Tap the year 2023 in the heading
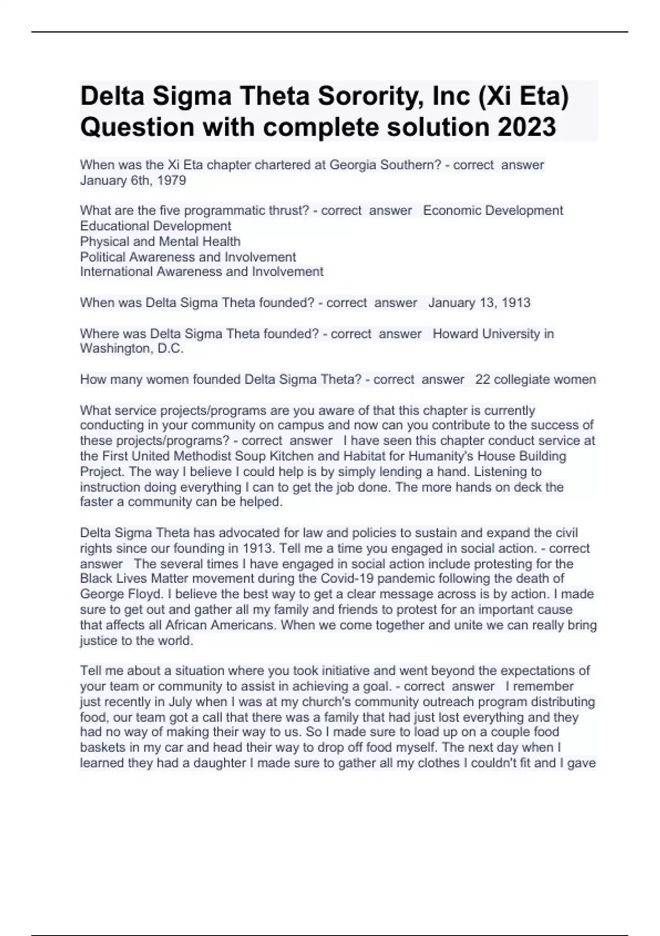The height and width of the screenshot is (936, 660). pyautogui.click(x=527, y=127)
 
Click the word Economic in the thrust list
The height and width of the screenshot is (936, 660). pyautogui.click(x=448, y=211)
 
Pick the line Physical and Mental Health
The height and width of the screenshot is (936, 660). pyautogui.click(x=160, y=241)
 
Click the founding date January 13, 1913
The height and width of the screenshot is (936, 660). pyautogui.click(x=479, y=303)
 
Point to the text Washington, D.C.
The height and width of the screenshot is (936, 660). pyautogui.click(x=131, y=349)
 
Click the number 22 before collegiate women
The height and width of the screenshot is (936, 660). pyautogui.click(x=482, y=379)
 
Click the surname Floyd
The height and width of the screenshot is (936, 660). pyautogui.click(x=146, y=594)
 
